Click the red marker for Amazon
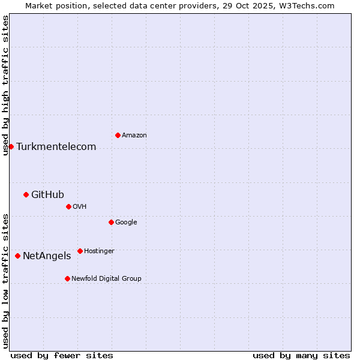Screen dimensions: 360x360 click(118, 135)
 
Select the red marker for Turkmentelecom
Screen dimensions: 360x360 click(11, 146)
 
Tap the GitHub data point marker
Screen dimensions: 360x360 click(26, 194)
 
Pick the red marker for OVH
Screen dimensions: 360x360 click(68, 206)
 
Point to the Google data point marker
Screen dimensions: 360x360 click(111, 222)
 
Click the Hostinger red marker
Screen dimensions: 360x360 click(80, 251)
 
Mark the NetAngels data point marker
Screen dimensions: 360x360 click(17, 256)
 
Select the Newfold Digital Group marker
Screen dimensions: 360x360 click(67, 278)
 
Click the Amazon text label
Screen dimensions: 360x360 click(134, 136)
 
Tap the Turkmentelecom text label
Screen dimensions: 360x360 click(56, 147)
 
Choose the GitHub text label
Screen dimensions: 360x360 click(47, 194)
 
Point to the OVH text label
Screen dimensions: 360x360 click(80, 207)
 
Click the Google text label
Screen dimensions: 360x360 click(126, 223)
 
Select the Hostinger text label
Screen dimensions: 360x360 click(99, 251)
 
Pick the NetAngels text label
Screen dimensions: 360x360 click(47, 256)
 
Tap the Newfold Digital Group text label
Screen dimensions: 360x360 click(106, 279)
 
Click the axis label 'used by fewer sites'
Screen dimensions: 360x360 click(62, 356)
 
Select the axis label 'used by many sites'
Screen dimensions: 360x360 click(301, 356)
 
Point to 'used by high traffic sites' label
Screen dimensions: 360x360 click(5, 85)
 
